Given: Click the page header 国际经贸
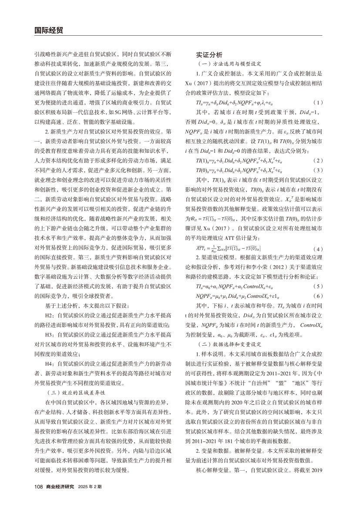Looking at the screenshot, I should (x=48, y=30).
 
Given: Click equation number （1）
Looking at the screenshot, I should (x=318, y=102).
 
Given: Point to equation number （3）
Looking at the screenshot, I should (x=318, y=169).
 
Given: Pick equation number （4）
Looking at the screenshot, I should (x=318, y=249).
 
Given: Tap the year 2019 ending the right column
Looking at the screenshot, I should (x=317, y=472).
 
